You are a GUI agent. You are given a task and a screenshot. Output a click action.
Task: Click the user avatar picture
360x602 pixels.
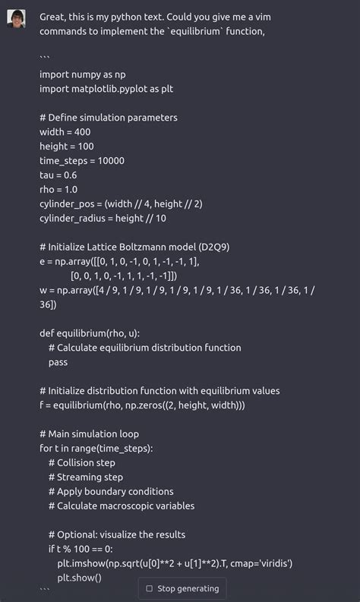16,18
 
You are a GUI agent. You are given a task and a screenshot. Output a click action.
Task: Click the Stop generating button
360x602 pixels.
182,588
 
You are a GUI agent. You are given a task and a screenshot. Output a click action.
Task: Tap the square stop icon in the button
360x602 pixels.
149,588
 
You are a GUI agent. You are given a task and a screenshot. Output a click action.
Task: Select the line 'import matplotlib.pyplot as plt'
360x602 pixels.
106,89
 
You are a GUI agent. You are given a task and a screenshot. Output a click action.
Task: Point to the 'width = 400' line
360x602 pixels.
65,132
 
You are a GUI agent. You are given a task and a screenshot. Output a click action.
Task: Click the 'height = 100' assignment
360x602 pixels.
67,147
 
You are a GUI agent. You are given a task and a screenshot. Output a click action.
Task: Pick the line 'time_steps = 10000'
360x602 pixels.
82,161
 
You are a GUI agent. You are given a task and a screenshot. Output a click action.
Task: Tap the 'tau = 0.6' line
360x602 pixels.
59,175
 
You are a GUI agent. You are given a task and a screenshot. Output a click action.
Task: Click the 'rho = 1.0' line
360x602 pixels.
58,190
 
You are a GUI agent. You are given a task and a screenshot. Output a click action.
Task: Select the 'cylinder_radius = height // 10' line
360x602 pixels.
103,219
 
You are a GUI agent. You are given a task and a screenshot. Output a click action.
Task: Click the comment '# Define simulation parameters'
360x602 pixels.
109,118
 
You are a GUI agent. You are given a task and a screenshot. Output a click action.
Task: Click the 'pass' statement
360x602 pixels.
58,362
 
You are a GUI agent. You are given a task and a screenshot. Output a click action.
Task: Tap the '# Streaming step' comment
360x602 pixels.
85,478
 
